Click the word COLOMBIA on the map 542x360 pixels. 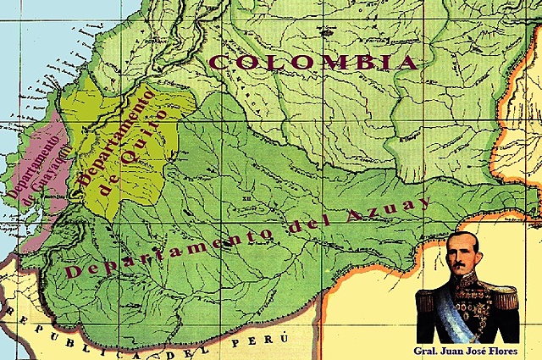pyautogui.click(x=313, y=62)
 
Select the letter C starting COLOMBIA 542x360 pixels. pyautogui.click(x=218, y=62)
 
